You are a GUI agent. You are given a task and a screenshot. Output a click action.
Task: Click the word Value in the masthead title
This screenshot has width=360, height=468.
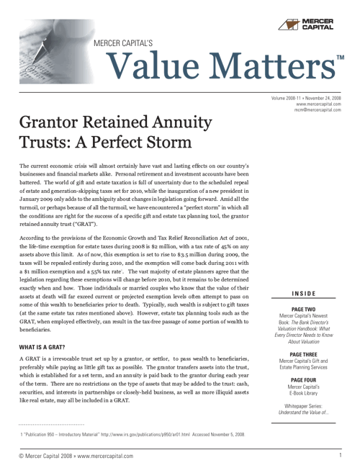pos(151,69)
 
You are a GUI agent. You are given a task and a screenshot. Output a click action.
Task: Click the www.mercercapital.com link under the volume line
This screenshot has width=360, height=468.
pos(318,104)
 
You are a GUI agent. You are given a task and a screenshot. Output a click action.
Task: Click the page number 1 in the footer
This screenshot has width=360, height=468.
pos(339,455)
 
